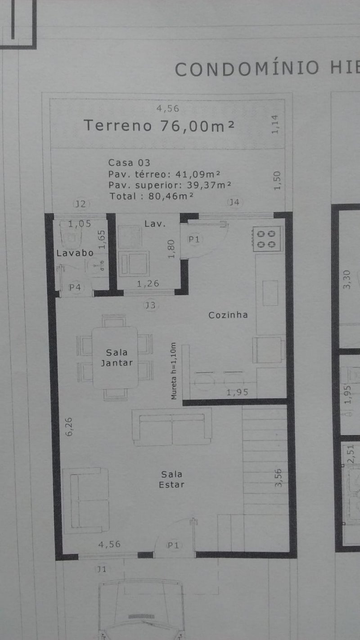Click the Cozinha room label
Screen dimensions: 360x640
tap(228, 315)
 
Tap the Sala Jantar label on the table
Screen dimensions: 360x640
tap(117, 358)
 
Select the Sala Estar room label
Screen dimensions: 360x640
tap(172, 479)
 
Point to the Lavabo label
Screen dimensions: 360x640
tap(75, 253)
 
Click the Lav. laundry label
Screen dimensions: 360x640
tap(155, 224)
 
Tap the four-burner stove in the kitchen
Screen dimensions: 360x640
tap(267, 239)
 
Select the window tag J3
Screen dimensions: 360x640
tap(150, 306)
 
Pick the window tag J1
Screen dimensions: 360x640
tap(101, 569)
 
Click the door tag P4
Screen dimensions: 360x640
tap(75, 287)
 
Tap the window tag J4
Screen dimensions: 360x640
tap(234, 202)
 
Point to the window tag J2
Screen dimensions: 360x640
tap(81, 204)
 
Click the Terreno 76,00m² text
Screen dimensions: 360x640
tap(159, 126)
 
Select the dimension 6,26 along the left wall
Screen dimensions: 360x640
tap(69, 427)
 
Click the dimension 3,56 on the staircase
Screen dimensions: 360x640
tap(278, 478)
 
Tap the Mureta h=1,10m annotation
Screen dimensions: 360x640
tap(174, 371)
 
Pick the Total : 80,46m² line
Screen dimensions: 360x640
tap(152, 196)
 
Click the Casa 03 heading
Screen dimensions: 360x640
tap(129, 162)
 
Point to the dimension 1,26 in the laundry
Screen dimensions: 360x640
tap(148, 284)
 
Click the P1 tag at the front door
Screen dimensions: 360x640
tap(173, 545)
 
